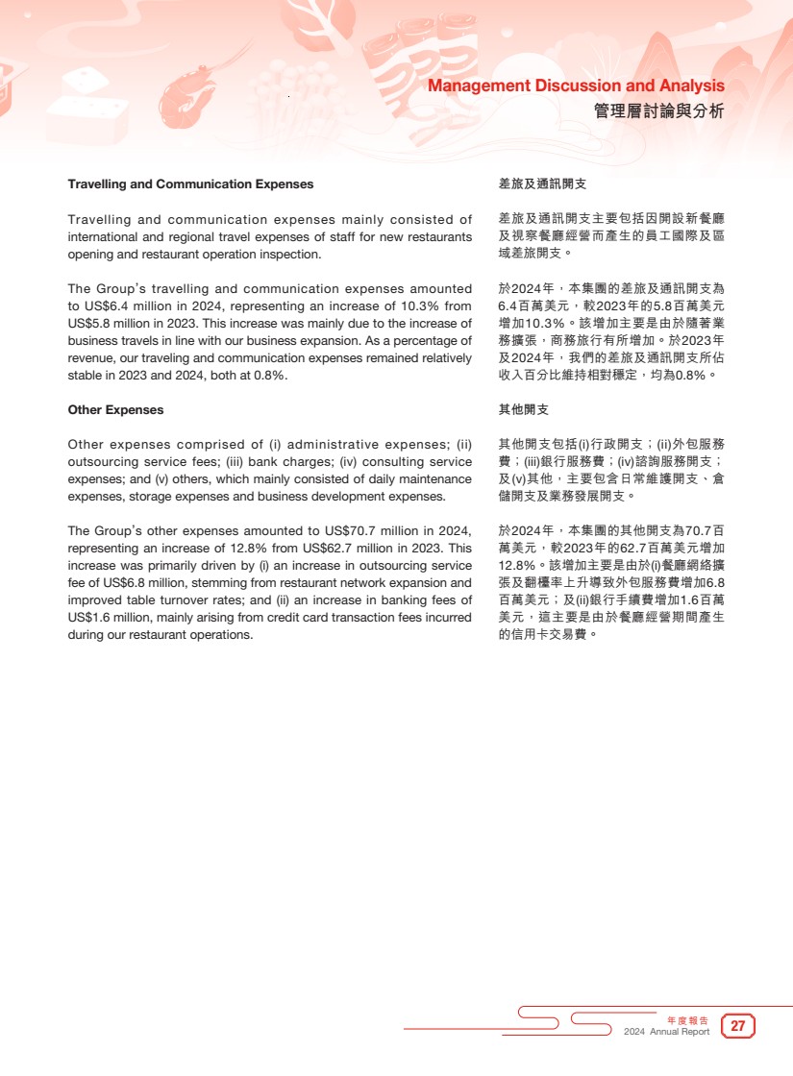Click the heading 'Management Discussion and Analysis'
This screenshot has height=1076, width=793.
576,86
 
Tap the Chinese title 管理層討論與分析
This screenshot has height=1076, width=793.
658,111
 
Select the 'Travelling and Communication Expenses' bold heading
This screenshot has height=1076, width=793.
190,183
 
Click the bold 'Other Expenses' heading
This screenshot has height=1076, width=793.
115,409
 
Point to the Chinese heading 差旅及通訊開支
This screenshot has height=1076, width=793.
542,183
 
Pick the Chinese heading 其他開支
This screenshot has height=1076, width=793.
524,409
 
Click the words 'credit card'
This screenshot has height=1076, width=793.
280,617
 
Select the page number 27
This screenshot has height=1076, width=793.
738,1026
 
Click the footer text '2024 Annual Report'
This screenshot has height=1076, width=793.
667,1032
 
